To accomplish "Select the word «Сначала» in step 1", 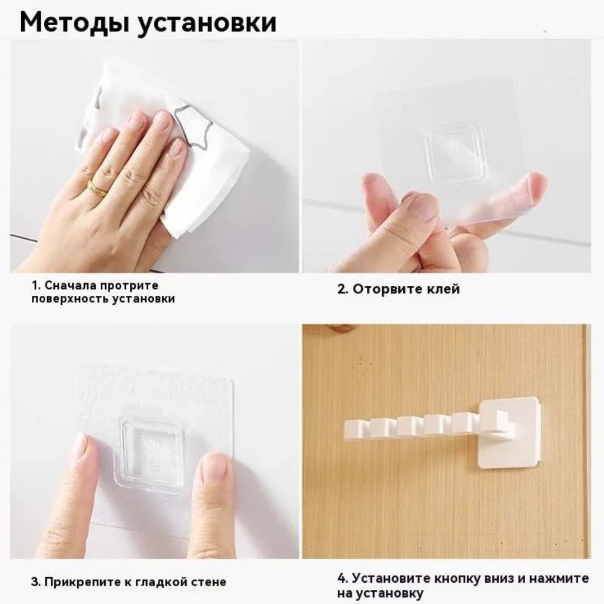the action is (71, 285).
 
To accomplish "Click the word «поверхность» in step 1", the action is (71, 299).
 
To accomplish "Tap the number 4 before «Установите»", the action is (342, 578).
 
